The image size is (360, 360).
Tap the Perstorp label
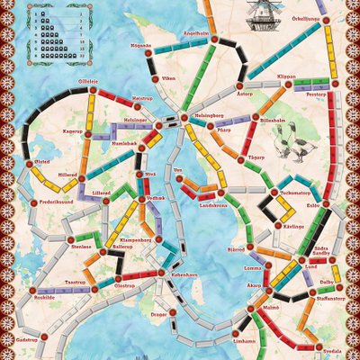(315, 94)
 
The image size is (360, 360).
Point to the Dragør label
(160, 313)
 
